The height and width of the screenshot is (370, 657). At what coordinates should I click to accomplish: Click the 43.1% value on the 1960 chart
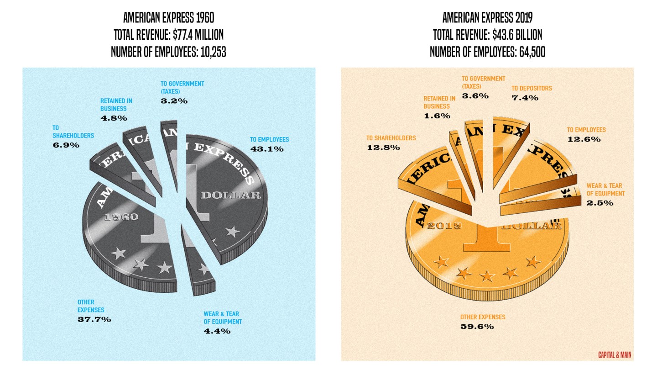pyautogui.click(x=267, y=149)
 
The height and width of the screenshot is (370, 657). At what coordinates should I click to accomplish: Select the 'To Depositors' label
pyautogui.click(x=532, y=88)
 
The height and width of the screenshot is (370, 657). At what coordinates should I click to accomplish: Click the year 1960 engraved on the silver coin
pyautogui.click(x=121, y=217)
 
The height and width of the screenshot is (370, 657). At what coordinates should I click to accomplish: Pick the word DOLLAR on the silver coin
pyautogui.click(x=230, y=196)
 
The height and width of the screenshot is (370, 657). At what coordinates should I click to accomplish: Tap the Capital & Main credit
pyautogui.click(x=615, y=354)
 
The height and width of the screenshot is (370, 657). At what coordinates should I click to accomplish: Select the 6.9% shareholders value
pyautogui.click(x=66, y=145)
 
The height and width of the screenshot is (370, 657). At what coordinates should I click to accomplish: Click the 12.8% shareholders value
pyautogui.click(x=383, y=148)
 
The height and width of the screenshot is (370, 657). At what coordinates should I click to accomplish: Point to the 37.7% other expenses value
pyautogui.click(x=94, y=319)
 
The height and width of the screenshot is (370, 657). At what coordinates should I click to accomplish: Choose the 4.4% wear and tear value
pyautogui.click(x=217, y=331)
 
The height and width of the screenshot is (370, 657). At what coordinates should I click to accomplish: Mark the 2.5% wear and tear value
pyautogui.click(x=600, y=203)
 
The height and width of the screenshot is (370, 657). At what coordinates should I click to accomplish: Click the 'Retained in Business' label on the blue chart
pyautogui.click(x=114, y=105)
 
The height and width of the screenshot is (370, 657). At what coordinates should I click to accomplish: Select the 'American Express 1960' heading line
pyautogui.click(x=168, y=18)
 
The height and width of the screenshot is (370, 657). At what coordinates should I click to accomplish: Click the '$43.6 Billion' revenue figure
pyautogui.click(x=517, y=35)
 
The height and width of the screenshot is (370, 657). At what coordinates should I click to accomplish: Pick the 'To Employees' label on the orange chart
pyautogui.click(x=586, y=130)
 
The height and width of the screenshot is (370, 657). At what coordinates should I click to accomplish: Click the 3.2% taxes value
pyautogui.click(x=174, y=101)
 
